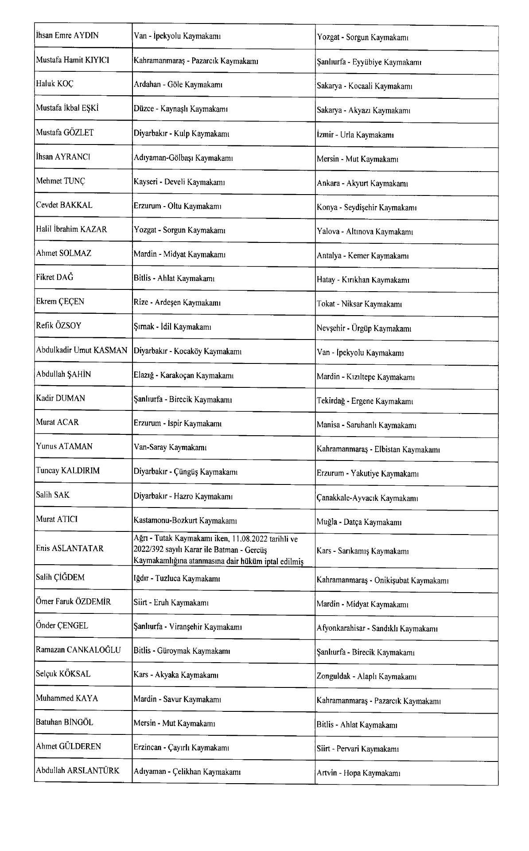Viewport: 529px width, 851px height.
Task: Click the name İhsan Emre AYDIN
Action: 67,36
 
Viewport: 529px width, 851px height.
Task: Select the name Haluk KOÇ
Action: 55,84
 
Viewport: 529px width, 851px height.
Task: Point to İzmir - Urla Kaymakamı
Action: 355,135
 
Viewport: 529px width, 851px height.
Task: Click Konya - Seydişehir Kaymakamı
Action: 367,207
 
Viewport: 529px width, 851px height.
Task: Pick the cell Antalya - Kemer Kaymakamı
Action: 362,256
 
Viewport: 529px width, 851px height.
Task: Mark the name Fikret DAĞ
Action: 54,277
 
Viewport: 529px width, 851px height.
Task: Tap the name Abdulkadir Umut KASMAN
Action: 82,351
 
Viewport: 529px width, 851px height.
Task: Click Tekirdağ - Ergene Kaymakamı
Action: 365,401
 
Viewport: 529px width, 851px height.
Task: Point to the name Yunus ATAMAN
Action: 64,446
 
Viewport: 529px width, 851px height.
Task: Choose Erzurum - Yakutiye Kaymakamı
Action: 368,473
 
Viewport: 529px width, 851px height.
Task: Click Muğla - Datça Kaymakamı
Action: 359,522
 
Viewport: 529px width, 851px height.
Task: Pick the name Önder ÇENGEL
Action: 62,625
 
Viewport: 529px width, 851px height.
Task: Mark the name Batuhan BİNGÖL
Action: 65,722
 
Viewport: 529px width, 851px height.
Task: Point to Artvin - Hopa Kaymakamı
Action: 358,773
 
